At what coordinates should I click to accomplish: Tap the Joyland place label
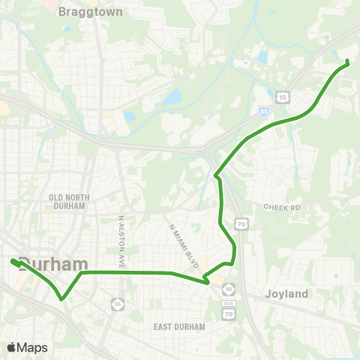point(286,294)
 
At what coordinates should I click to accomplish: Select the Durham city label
point(52,264)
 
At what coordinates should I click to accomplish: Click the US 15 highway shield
point(282,97)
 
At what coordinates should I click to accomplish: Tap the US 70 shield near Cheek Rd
point(239,223)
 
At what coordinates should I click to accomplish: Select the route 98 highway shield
point(227,288)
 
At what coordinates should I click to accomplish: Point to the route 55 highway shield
point(117,303)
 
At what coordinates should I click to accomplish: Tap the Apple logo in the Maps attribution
point(12,347)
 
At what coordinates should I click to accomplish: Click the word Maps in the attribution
point(32,347)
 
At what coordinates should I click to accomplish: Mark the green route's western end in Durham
point(13,261)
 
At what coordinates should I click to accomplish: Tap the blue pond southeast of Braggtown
point(173,97)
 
